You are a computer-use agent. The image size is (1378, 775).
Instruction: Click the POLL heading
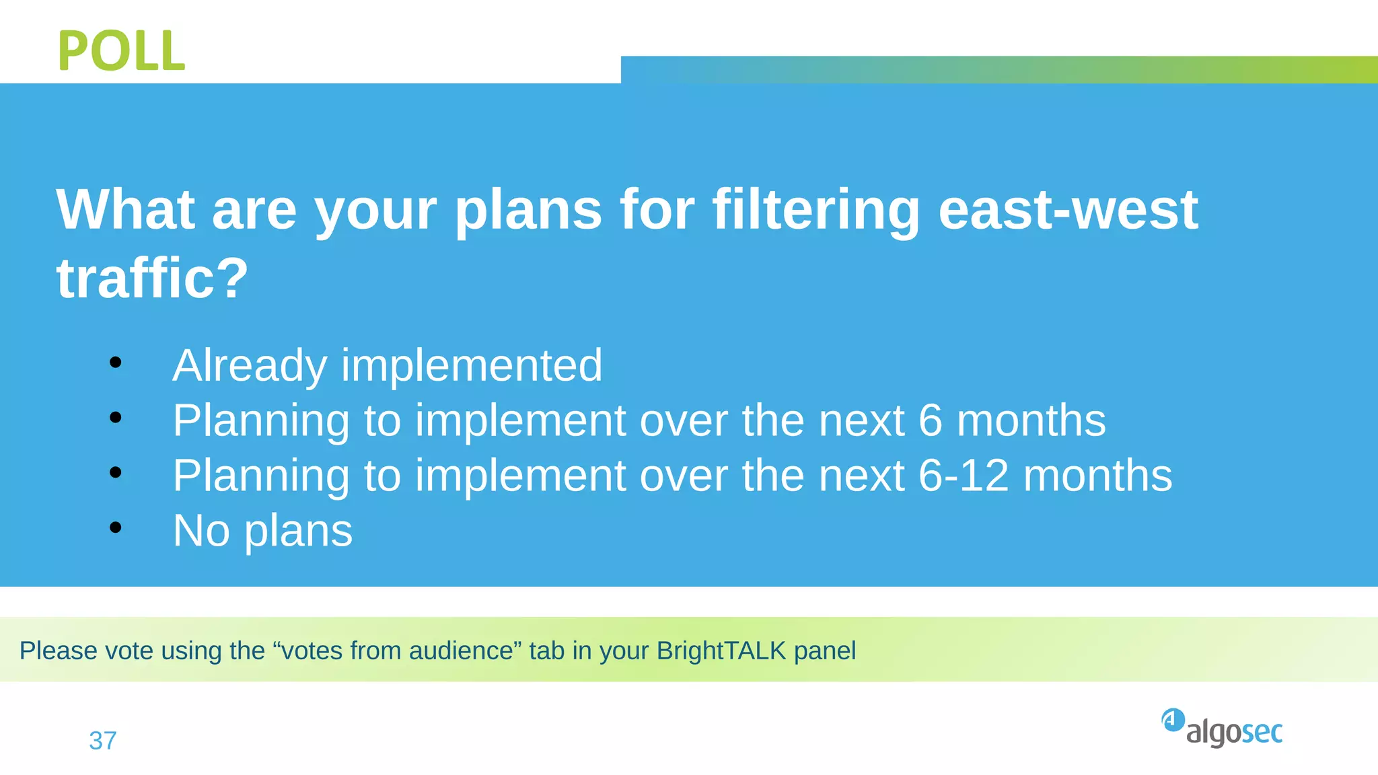pos(121,51)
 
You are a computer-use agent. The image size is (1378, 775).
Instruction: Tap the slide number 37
pos(103,741)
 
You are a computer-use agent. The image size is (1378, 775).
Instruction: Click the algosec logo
pos(1222,729)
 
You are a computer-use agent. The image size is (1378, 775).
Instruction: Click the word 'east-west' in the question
pos(1068,210)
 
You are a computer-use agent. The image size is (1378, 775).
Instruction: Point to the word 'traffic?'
pos(152,279)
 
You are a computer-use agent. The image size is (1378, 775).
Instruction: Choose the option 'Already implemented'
pos(387,365)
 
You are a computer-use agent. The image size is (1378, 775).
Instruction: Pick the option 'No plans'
pos(262,531)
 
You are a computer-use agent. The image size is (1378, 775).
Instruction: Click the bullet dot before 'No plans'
pos(116,528)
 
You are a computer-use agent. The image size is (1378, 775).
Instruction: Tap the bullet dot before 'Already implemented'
pos(116,363)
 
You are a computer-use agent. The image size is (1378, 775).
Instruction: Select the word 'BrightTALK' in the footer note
pos(721,651)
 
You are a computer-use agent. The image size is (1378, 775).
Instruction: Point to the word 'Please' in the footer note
pos(48,651)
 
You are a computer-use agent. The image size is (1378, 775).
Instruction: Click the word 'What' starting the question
pos(125,210)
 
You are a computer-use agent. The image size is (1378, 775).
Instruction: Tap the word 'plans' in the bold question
pos(528,210)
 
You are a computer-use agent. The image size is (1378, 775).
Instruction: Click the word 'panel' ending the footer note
pos(825,651)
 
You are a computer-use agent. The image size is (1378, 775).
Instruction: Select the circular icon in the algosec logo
pos(1173,720)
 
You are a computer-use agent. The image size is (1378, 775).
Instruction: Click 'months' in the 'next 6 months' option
pos(1031,420)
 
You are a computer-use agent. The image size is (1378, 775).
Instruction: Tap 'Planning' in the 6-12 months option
pos(261,476)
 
